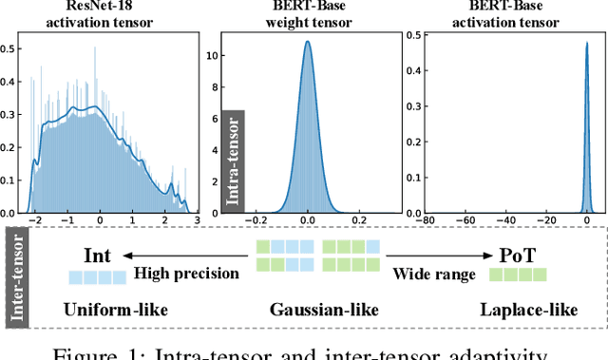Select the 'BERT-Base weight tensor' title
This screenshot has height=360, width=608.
coord(307,17)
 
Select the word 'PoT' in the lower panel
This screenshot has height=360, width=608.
coord(519,255)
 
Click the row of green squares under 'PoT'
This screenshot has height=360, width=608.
coord(518,276)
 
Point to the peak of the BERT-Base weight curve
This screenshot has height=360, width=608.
coord(307,42)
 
